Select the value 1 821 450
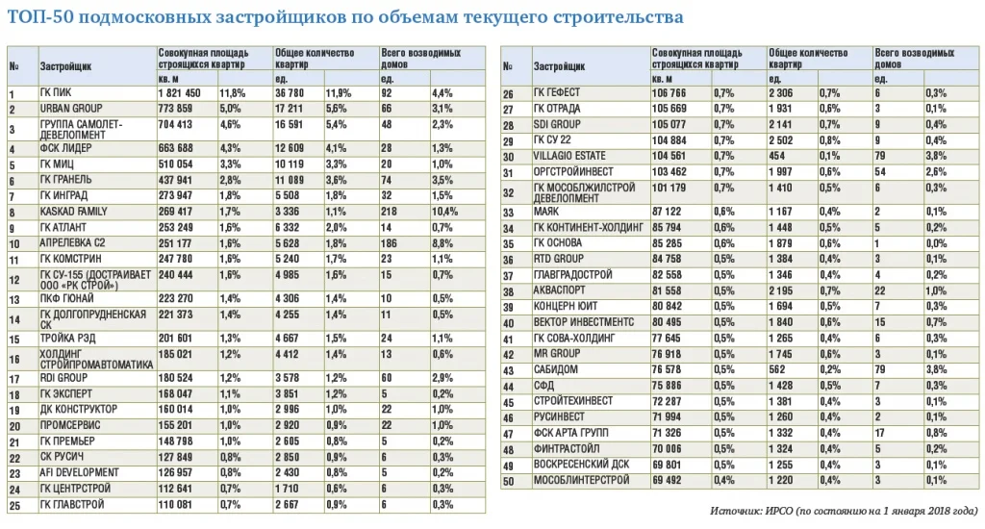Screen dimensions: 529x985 [x=180, y=92]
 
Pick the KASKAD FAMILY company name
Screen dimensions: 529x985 [x=74, y=211]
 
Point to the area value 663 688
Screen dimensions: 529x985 [x=180, y=148]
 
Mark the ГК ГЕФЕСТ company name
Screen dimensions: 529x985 [x=557, y=92]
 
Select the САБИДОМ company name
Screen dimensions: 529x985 [x=556, y=369]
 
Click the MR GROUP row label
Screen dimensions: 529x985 [x=556, y=353]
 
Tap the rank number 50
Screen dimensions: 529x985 [x=509, y=480]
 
